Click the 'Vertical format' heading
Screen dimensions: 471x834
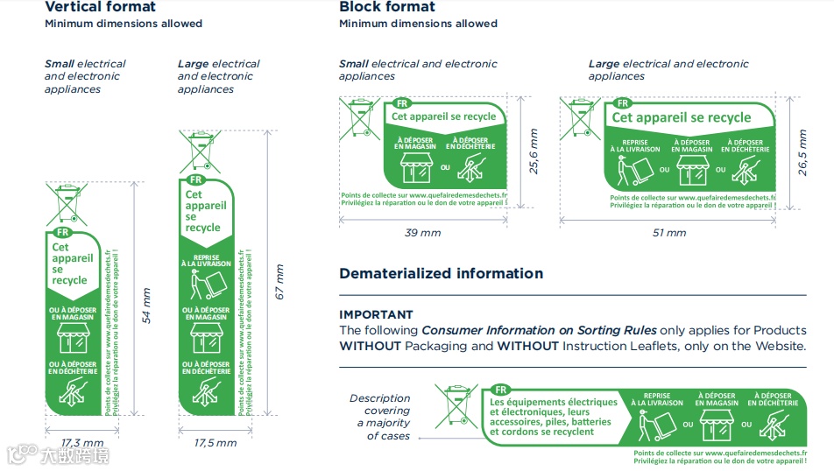100,7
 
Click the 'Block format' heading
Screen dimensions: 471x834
386,7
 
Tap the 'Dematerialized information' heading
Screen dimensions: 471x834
441,274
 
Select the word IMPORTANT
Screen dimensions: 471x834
376,314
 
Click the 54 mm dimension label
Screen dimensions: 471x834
147,306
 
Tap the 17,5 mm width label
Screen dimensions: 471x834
215,443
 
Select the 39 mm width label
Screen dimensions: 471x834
423,233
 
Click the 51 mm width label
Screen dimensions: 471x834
669,233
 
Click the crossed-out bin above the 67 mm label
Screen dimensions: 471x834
199,151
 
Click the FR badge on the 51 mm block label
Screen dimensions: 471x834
623,103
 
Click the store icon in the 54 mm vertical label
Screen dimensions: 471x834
74,337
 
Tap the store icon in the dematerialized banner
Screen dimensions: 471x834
717,425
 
